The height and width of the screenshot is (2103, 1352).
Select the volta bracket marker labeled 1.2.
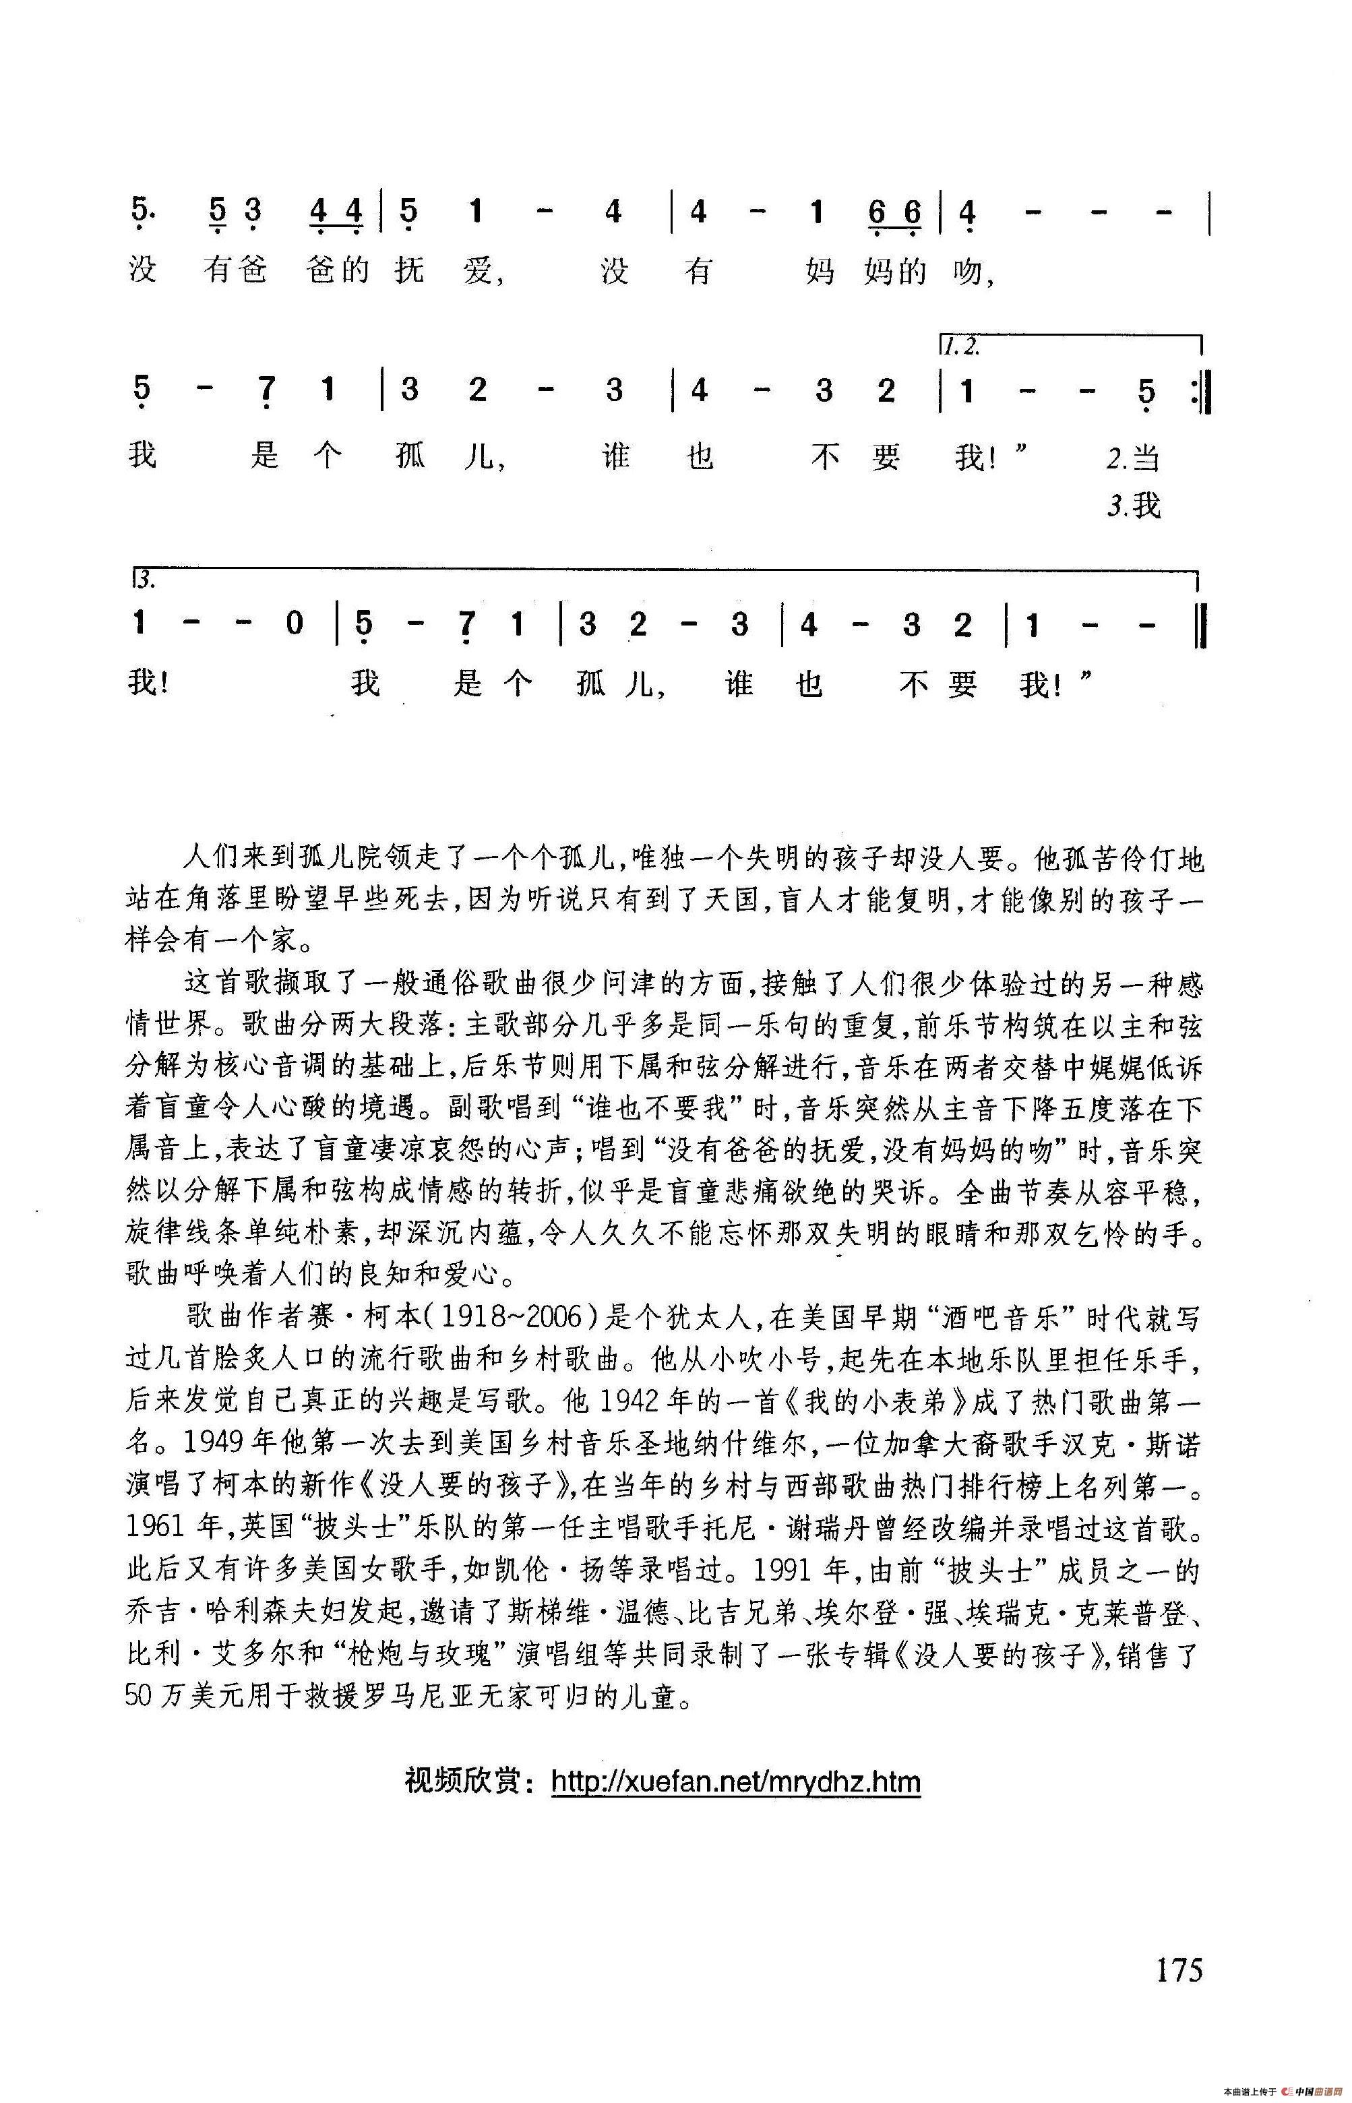point(960,347)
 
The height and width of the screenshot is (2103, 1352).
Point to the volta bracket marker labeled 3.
point(146,580)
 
